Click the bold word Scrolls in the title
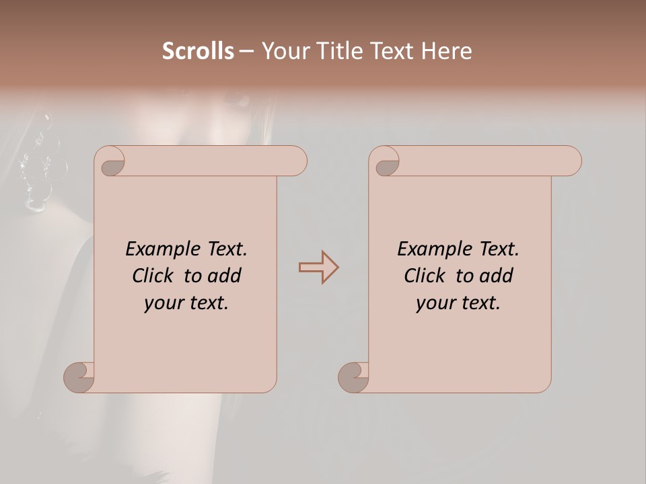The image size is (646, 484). click(x=199, y=51)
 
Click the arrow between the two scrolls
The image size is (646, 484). click(x=319, y=268)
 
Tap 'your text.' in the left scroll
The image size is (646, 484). click(x=186, y=303)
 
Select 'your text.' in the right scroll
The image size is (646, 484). click(x=458, y=303)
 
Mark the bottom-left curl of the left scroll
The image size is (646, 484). click(x=78, y=377)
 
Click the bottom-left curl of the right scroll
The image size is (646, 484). click(x=353, y=377)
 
